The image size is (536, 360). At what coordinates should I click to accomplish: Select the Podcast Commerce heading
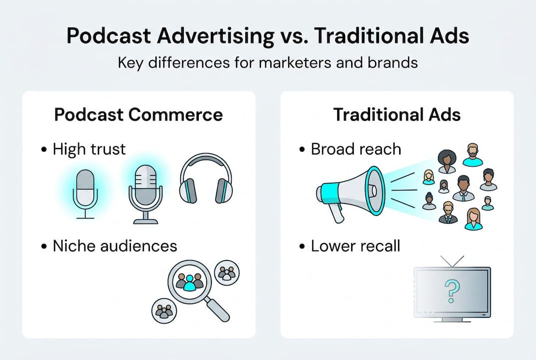point(138,114)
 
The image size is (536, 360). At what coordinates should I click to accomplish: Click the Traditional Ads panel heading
point(397,114)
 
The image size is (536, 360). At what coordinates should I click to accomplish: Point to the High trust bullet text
point(89,149)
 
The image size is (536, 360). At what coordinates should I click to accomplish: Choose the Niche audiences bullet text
point(114,245)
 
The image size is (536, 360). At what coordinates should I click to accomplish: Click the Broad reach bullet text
point(356,149)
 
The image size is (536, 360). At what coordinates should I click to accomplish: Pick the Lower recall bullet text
point(355,245)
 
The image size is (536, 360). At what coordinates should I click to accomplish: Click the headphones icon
point(206,178)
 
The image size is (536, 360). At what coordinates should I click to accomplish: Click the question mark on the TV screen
point(452,291)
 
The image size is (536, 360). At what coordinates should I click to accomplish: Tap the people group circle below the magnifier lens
point(163,310)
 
